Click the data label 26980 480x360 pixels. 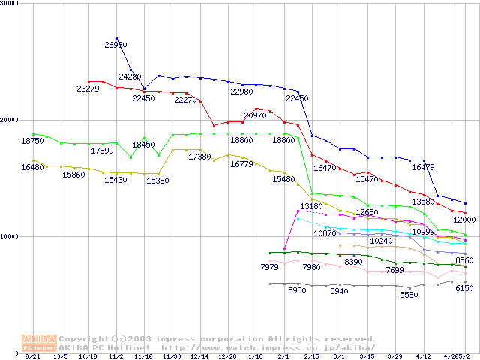115,46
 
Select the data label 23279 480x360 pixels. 88,89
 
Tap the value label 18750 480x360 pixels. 32,141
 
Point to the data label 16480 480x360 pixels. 32,167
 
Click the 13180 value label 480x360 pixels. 311,206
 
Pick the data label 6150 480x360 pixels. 464,288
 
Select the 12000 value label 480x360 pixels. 464,220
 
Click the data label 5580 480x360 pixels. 409,295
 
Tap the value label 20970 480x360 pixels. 255,115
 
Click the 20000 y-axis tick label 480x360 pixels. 9,120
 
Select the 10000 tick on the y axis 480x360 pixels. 9,236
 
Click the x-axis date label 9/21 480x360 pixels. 32,357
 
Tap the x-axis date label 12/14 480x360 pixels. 199,357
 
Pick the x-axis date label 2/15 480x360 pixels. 311,357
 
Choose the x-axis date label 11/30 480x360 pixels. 172,357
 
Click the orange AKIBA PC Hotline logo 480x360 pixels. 38,343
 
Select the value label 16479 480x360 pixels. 423,168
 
